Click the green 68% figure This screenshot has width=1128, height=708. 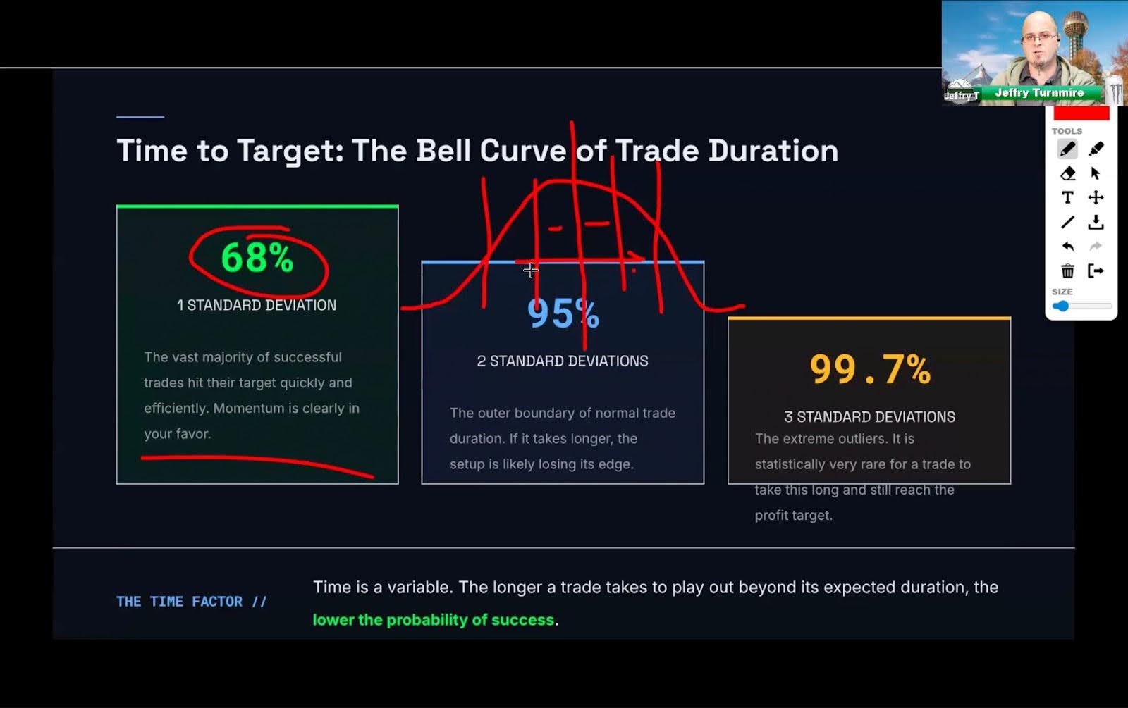click(257, 258)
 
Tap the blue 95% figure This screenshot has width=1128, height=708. click(563, 313)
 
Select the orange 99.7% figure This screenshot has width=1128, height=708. click(870, 369)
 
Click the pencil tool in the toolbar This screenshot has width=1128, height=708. click(1067, 149)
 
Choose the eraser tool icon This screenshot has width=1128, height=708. click(1067, 173)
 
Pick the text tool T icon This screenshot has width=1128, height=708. click(1067, 198)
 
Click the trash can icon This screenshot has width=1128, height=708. click(1067, 271)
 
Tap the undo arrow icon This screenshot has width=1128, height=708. click(1067, 247)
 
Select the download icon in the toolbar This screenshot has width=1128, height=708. click(1096, 223)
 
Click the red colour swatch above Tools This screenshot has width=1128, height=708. click(1081, 113)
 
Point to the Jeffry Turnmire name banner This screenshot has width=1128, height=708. click(1039, 92)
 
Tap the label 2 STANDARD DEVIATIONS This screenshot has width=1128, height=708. click(563, 361)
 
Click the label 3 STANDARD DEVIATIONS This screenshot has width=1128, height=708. click(870, 416)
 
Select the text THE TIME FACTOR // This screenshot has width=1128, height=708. click(191, 602)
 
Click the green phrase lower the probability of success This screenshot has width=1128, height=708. click(433, 619)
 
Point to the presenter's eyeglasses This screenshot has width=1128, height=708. click(1040, 37)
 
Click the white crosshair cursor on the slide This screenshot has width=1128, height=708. click(530, 271)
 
